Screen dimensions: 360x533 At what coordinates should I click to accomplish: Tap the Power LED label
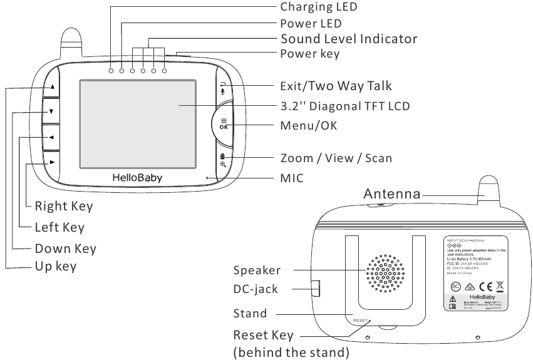click(x=311, y=24)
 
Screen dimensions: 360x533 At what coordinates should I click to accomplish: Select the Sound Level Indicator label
click(x=348, y=39)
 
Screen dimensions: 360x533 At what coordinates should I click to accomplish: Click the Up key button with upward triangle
click(x=52, y=88)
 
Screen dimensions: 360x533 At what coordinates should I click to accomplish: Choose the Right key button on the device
click(x=52, y=162)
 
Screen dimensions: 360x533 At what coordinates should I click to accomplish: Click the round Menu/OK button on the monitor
click(x=224, y=123)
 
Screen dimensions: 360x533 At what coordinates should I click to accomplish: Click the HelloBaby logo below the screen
click(x=137, y=178)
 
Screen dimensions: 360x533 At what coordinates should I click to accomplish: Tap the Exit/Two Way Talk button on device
click(x=222, y=88)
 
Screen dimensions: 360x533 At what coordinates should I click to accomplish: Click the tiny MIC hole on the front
click(x=207, y=178)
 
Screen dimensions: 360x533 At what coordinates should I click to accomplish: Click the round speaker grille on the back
click(x=385, y=274)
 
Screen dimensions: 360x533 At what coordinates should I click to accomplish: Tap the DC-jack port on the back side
click(x=315, y=288)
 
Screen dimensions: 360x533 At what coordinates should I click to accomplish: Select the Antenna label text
click(x=392, y=194)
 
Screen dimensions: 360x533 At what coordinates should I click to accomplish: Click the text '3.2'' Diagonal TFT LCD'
click(x=344, y=106)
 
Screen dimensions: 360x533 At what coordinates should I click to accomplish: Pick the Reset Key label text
click(x=263, y=336)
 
